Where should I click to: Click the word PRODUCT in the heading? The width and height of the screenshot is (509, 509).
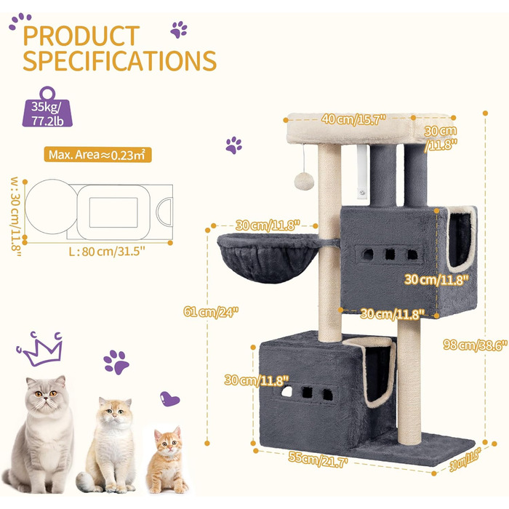click(x=81, y=36)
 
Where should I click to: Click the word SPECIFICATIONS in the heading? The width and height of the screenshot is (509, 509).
click(x=120, y=60)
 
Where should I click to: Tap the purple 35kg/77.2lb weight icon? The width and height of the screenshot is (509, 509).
click(x=47, y=107)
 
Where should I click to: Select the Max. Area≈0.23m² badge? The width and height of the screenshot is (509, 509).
click(x=97, y=155)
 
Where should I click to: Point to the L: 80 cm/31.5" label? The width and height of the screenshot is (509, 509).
click(x=107, y=252)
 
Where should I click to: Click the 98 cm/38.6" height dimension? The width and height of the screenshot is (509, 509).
click(x=475, y=345)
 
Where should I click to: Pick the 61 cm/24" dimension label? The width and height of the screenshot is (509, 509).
click(x=211, y=312)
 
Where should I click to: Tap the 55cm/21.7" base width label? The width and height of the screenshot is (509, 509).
click(x=318, y=460)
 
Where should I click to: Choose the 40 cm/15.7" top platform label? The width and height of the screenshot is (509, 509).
click(x=353, y=119)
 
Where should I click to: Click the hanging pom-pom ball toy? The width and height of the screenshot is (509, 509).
click(x=304, y=182)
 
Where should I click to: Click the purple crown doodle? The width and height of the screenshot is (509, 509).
click(x=41, y=348)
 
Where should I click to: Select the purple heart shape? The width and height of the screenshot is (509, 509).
click(x=169, y=399)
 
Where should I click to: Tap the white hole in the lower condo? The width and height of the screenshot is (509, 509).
click(x=286, y=391)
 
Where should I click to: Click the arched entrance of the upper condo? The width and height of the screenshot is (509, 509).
click(x=460, y=239)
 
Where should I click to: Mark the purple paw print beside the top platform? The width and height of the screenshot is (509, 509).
click(x=233, y=145)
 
